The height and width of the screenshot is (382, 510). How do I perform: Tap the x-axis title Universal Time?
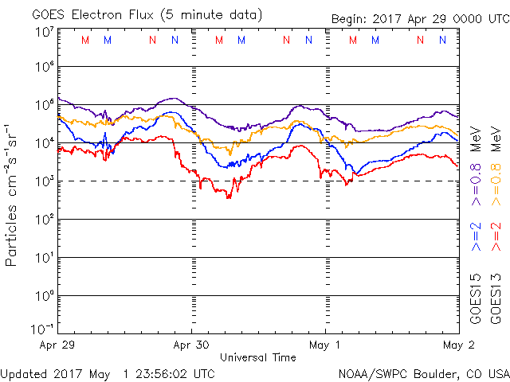257,358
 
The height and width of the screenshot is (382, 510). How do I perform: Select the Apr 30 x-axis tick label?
190,345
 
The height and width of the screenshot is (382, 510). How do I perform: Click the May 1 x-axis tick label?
325,345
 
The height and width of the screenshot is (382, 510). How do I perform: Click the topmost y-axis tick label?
43,31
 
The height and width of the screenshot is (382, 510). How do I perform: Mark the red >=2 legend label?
495,236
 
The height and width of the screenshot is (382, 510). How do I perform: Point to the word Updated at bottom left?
25,373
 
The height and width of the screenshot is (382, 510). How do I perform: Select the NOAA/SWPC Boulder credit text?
423,373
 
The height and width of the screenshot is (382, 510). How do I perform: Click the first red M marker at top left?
85,40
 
